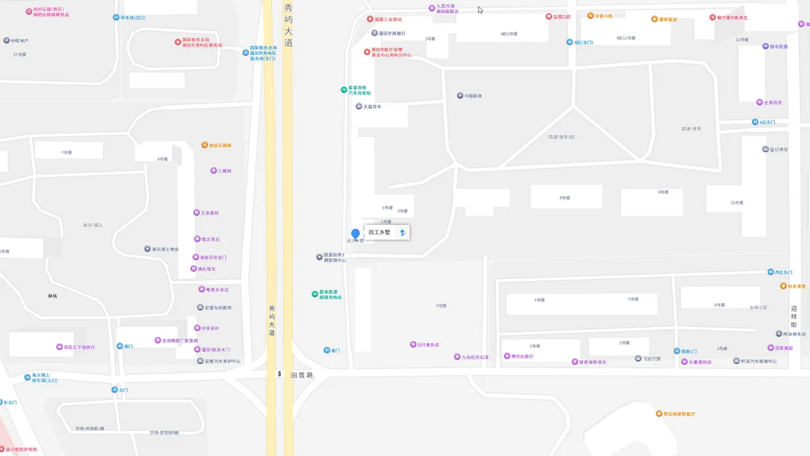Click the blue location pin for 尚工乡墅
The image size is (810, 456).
click(356, 234)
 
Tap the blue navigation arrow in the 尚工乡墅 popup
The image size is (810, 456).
click(403, 232)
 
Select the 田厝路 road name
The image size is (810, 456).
click(302, 374)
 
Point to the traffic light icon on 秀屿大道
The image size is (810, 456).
click(279, 374)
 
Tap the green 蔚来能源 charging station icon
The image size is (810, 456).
click(315, 294)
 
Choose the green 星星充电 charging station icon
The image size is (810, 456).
click(344, 90)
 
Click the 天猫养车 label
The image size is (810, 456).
click(373, 107)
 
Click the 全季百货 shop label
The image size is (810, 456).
click(773, 103)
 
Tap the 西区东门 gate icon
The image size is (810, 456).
click(771, 272)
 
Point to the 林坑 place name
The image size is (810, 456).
click(53, 296)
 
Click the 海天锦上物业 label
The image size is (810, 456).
click(165, 249)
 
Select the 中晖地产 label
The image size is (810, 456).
click(20, 41)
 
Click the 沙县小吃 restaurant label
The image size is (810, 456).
click(603, 16)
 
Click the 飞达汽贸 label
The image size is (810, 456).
click(651, 358)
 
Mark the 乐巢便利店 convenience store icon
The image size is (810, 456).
click(683, 361)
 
